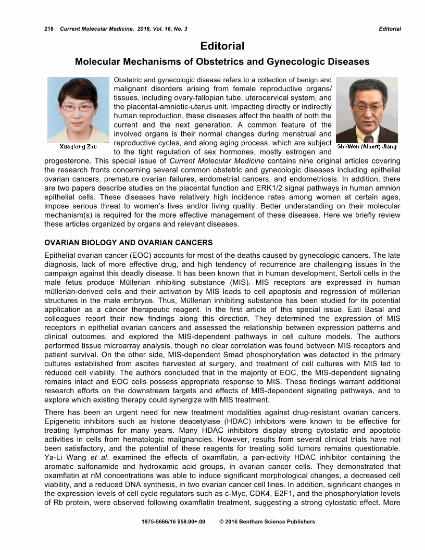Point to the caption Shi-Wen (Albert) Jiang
(367, 146)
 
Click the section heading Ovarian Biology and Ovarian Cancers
(129, 243)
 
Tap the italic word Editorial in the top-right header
(390, 29)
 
